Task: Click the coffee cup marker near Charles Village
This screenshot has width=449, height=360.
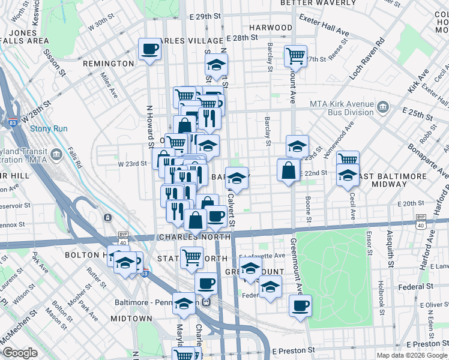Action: pos(149,49)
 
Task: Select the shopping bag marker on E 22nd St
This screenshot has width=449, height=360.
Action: pos(289,170)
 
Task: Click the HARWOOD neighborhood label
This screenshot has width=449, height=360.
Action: pos(271,28)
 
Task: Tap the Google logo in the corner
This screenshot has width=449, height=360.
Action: pos(19,353)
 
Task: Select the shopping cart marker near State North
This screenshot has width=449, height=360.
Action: pos(191,257)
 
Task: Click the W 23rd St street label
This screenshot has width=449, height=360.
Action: pos(132,163)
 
